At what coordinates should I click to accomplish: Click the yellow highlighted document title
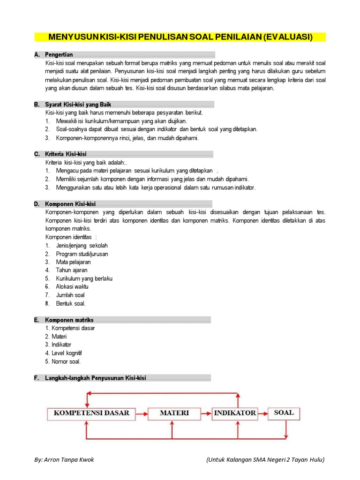180,37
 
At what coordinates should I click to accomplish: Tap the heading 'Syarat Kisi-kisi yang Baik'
78,105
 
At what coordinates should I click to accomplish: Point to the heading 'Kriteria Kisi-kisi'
66,154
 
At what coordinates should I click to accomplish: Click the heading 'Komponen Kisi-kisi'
70,204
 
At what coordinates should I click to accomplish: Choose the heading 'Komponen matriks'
69,320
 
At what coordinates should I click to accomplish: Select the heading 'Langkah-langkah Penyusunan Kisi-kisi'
96,378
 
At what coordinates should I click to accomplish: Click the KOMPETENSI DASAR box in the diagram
91,413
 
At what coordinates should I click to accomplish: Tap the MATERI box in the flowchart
174,413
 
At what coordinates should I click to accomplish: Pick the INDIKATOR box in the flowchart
235,413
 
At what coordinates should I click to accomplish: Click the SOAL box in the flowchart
284,413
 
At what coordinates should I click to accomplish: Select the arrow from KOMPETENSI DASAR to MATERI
142,413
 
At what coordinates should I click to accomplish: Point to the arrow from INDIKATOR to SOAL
263,413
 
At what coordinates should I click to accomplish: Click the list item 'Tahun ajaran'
71,270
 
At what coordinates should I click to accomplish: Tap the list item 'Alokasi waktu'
72,286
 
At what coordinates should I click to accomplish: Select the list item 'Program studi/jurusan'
82,254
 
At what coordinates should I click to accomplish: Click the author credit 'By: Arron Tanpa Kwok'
64,459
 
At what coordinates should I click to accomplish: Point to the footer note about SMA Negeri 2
265,459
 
